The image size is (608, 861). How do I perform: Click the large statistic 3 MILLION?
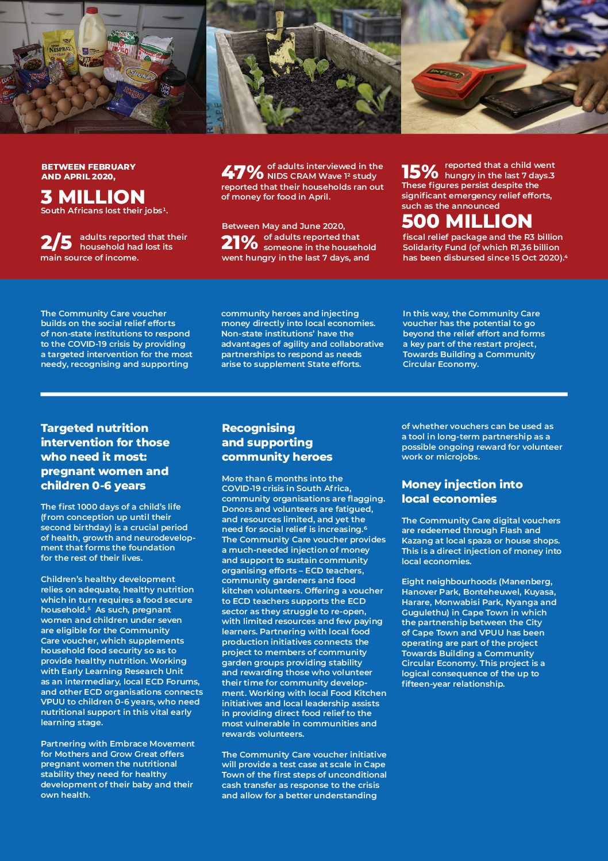point(93,197)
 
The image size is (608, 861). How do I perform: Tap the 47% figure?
point(243,172)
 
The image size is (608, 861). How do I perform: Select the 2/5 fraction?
point(56,243)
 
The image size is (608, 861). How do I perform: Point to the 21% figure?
point(240,243)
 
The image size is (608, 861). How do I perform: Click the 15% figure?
point(420,171)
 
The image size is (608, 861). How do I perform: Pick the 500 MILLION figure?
point(467,221)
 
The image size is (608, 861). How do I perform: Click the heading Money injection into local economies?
point(462,491)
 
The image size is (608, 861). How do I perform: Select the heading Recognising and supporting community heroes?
point(277,442)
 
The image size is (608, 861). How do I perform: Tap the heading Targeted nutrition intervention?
point(105,456)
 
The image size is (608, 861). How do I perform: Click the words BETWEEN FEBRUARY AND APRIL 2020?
point(88,171)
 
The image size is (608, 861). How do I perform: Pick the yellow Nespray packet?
point(60,50)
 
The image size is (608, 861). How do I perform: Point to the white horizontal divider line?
point(304,394)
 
